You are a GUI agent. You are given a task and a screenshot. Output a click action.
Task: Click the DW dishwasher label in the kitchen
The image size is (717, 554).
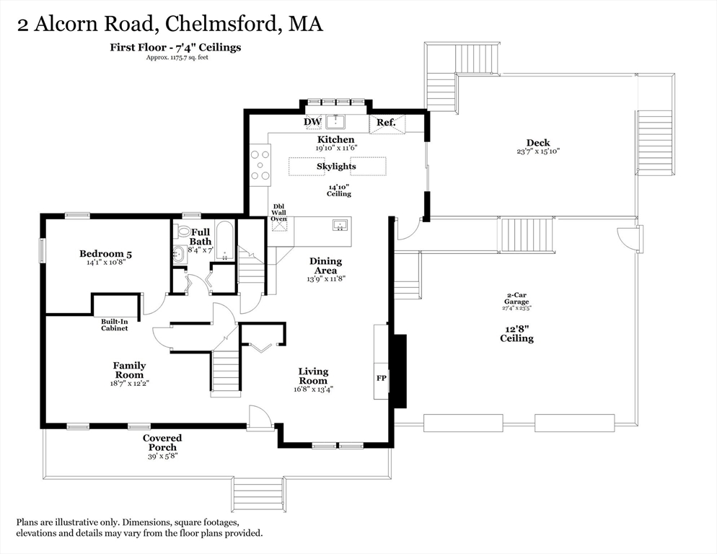coord(313,122)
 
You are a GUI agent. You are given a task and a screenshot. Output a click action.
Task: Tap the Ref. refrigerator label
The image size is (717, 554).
coord(386,123)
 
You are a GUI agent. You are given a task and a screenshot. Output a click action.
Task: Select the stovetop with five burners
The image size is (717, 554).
coord(260,164)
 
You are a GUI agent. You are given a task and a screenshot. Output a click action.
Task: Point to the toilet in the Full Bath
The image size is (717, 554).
coord(184,231)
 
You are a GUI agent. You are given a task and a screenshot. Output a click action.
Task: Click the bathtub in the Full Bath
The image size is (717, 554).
coord(224,241)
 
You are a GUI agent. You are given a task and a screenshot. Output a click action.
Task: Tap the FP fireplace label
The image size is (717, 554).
coord(382,378)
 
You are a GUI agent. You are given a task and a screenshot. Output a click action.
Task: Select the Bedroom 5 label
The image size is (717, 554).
coord(105,253)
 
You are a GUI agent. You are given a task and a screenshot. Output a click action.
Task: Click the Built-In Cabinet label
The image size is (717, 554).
coord(114,325)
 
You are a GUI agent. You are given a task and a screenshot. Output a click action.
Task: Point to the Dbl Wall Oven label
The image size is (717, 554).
coord(279,213)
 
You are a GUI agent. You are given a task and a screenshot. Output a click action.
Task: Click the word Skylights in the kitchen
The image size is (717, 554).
coord(336,167)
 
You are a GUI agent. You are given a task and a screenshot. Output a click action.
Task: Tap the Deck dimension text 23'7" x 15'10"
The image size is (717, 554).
coord(538,151)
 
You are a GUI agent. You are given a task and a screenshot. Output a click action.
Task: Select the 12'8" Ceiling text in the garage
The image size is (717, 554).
coord(516,334)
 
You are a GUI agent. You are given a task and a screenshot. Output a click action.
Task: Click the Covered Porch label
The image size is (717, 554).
coord(162,442)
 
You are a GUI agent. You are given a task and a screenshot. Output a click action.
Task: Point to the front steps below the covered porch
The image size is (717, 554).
coord(258,495)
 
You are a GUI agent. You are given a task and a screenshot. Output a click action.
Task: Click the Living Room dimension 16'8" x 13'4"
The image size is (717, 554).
coord(313,390)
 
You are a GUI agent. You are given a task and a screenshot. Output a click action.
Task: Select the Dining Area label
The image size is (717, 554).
coord(325,265)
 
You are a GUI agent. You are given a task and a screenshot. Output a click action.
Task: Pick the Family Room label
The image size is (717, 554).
coord(129,370)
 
